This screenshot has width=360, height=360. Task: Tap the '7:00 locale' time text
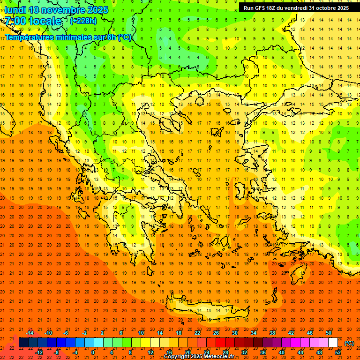tap(33, 21)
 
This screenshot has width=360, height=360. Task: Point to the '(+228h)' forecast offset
tap(83, 21)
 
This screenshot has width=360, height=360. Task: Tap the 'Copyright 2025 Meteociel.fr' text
tap(199, 357)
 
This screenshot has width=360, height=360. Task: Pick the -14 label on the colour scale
tap(30, 333)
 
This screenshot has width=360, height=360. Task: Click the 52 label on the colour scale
tap(338, 352)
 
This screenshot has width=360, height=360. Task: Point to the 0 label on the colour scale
tap(93, 352)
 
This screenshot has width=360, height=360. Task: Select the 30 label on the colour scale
tap(234, 333)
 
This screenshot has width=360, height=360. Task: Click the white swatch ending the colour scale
tap(333, 343)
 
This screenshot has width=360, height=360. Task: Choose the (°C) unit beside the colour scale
tap(349, 343)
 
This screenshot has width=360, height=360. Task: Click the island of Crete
tap(206, 311)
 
